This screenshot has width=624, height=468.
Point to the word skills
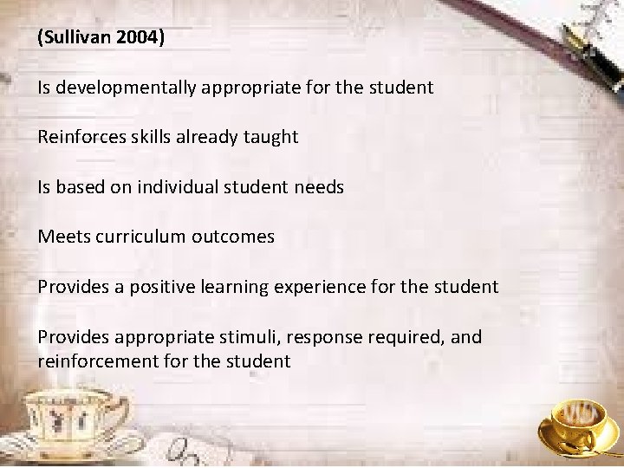(x=150, y=137)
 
